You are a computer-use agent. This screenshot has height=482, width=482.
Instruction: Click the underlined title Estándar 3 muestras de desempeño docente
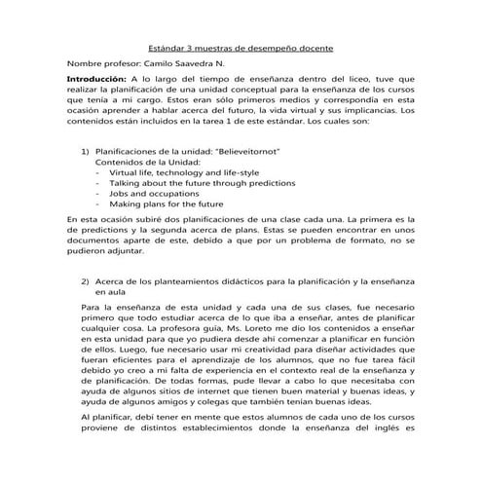(241, 46)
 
